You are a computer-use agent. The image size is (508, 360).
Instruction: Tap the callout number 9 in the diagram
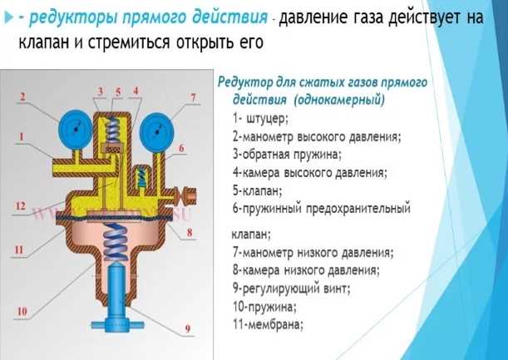click(187, 329)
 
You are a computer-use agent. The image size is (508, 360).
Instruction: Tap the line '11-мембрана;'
click(269, 325)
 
